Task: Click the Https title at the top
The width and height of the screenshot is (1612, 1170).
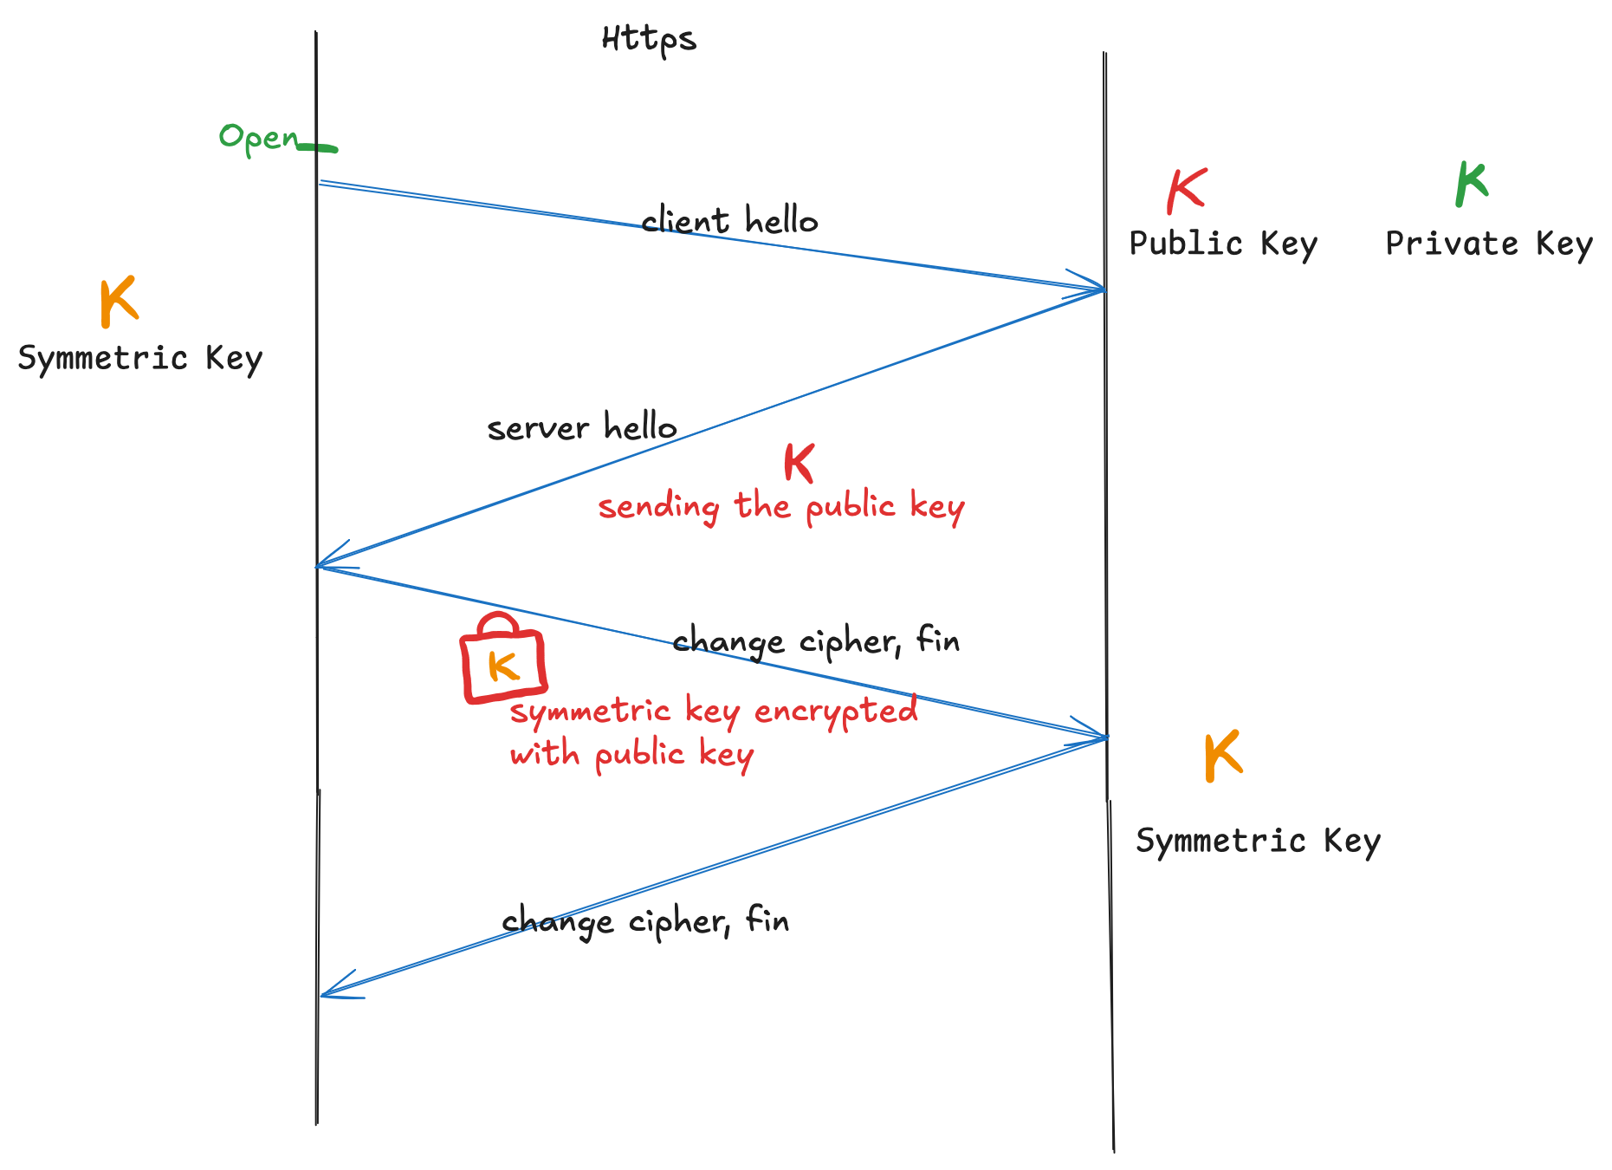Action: (649, 40)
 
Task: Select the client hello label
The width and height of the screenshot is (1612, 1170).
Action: (729, 221)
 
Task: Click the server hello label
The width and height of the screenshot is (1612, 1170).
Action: (582, 427)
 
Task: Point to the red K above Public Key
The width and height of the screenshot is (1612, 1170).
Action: (1186, 191)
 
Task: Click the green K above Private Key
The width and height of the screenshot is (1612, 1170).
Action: (1472, 184)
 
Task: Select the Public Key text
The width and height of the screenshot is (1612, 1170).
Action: (1223, 244)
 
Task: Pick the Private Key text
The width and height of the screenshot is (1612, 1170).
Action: (1489, 244)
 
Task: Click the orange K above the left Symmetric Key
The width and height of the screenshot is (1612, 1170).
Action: (119, 302)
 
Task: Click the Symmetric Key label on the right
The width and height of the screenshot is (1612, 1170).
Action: (1258, 842)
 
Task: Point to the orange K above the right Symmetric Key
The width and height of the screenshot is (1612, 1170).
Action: (1223, 756)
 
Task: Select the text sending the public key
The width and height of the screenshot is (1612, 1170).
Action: (781, 507)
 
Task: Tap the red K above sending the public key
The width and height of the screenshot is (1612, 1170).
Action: (799, 463)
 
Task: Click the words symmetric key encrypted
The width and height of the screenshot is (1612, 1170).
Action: (714, 712)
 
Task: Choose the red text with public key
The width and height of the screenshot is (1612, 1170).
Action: (631, 755)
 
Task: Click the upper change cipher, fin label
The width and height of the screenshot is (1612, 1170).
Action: (816, 642)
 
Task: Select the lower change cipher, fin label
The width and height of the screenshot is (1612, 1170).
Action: (645, 921)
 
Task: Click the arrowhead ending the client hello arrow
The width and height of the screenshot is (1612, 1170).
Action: (1098, 288)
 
